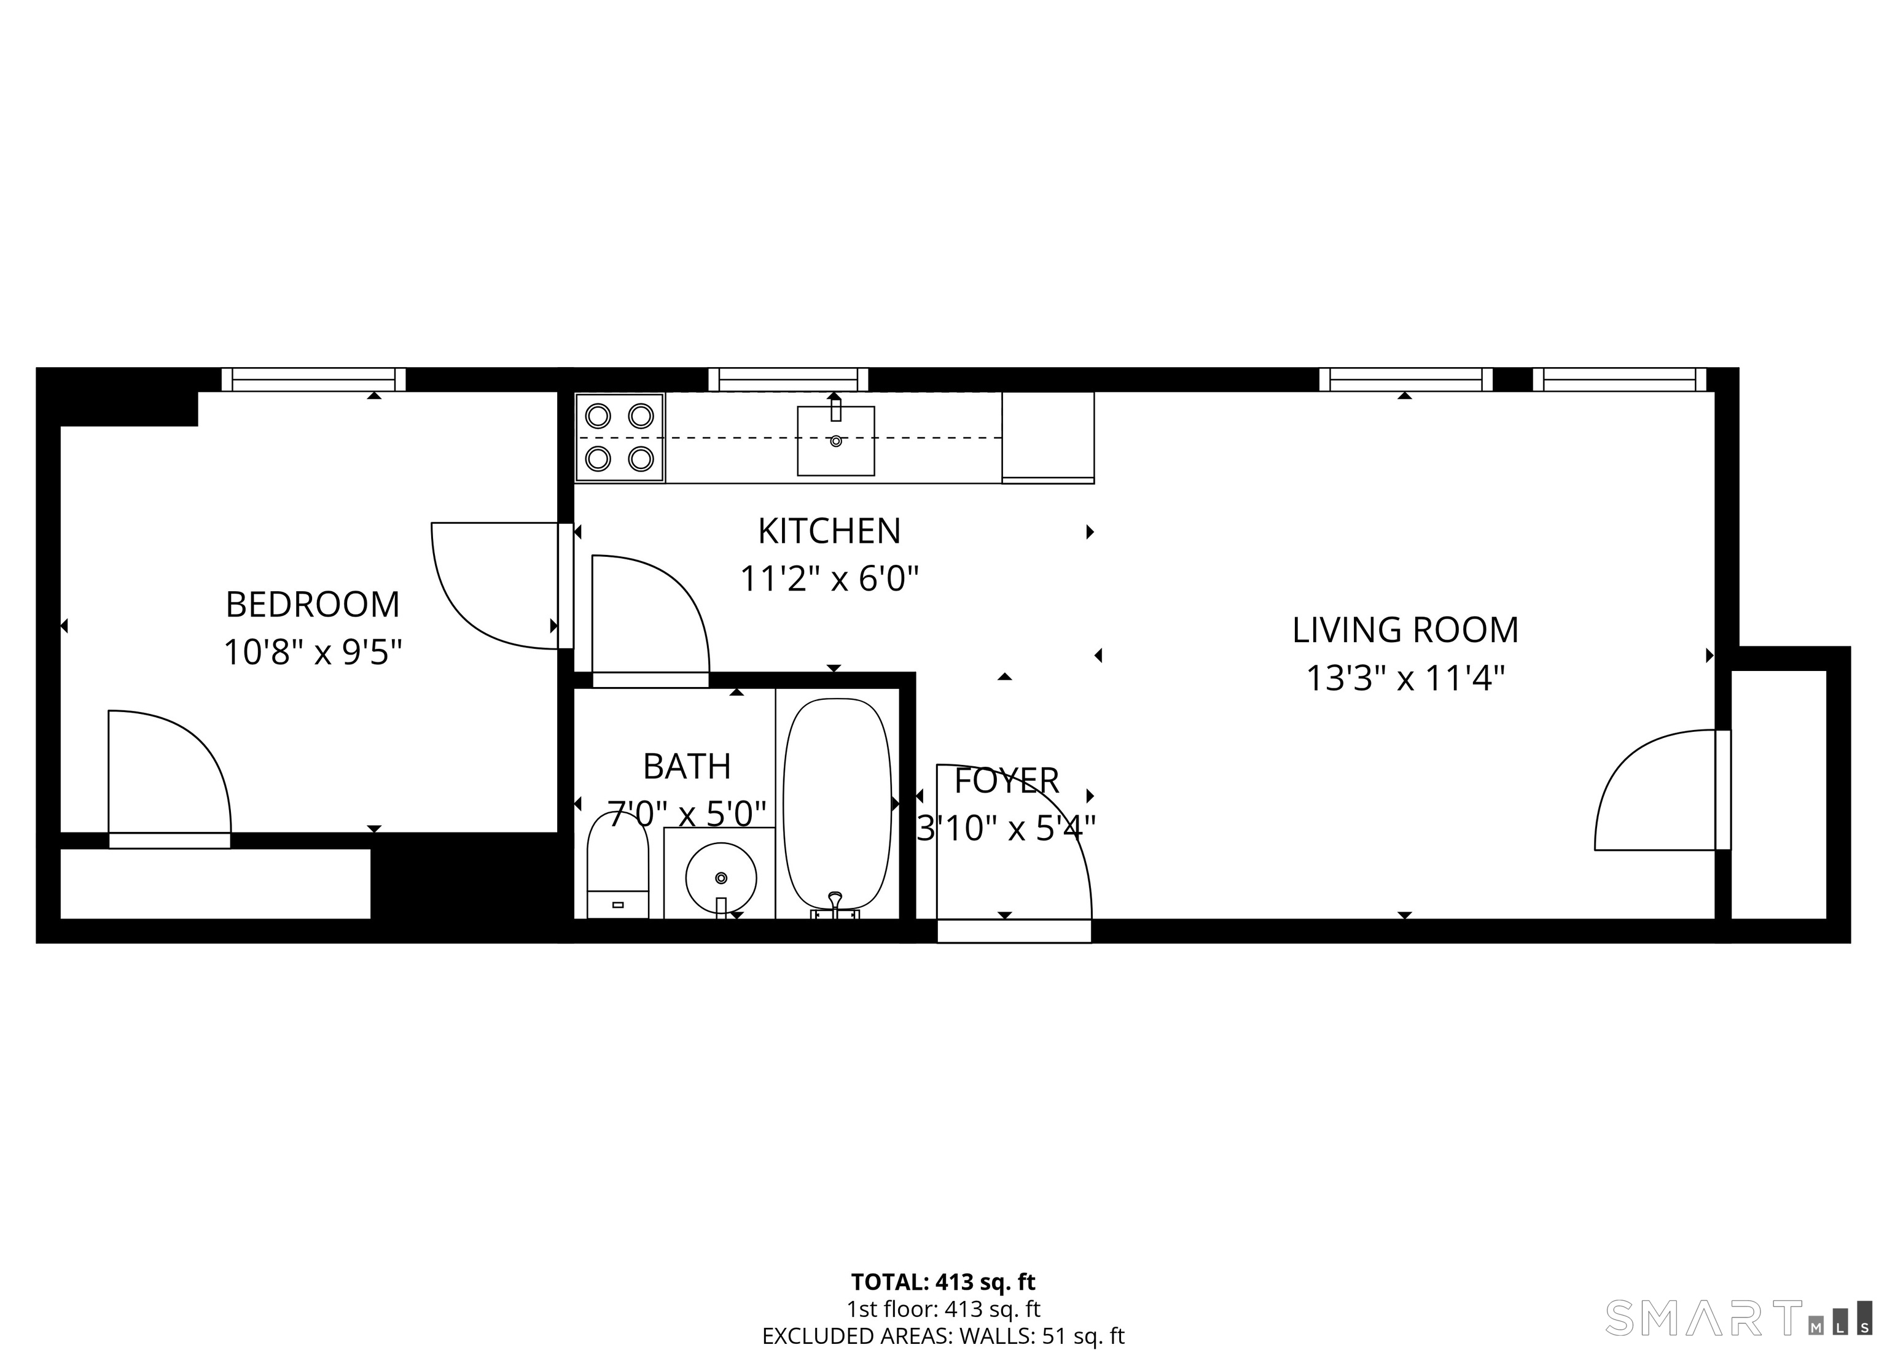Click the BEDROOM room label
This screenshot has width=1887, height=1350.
click(312, 604)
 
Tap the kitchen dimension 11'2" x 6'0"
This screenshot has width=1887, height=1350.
click(829, 578)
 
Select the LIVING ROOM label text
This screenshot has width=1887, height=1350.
click(1405, 630)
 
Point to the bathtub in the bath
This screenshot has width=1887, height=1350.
click(837, 804)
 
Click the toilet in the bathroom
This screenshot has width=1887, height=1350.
click(617, 866)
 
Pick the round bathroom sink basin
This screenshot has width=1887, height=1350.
click(720, 877)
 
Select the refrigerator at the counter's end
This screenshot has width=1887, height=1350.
click(1047, 437)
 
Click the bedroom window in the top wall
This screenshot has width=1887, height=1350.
click(313, 380)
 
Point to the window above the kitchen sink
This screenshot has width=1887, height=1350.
click(787, 380)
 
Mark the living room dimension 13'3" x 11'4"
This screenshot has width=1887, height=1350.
click(1405, 678)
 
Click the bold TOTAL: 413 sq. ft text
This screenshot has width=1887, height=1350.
click(943, 1282)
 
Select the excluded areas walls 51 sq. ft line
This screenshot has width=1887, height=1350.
click(943, 1336)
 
